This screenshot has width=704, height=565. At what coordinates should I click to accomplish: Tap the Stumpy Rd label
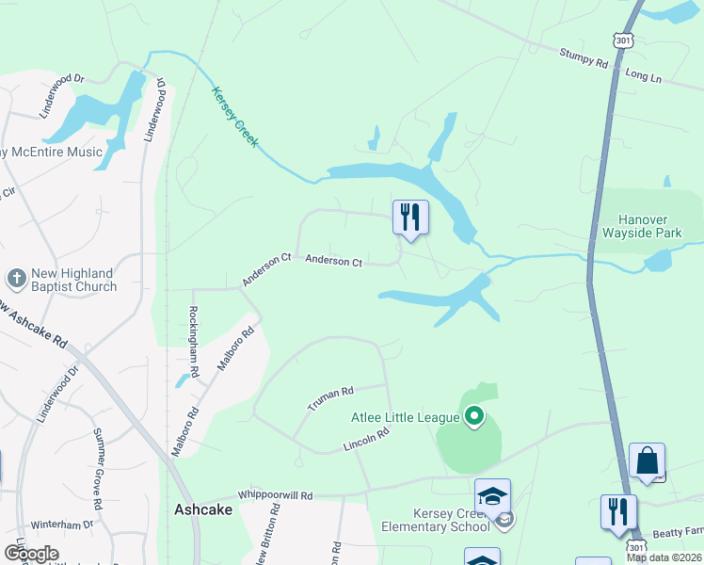584,60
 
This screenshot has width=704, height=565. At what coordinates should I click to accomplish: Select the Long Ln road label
644,74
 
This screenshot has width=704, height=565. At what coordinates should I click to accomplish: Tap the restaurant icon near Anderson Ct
410,217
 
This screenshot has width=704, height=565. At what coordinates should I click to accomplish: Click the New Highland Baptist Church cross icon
16,279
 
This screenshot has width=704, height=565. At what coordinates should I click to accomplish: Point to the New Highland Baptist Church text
73,280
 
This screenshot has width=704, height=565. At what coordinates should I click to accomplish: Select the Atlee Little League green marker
474,415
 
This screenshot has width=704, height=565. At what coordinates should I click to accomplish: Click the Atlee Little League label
406,417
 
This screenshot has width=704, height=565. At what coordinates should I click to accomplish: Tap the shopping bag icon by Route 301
647,460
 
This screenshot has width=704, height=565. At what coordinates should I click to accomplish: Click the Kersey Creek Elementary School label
436,520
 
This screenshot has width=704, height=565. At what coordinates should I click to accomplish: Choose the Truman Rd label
330,398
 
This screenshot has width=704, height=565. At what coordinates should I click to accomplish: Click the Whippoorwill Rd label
275,494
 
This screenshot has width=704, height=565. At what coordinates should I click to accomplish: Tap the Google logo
32,554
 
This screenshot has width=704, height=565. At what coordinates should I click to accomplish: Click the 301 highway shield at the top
624,40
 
